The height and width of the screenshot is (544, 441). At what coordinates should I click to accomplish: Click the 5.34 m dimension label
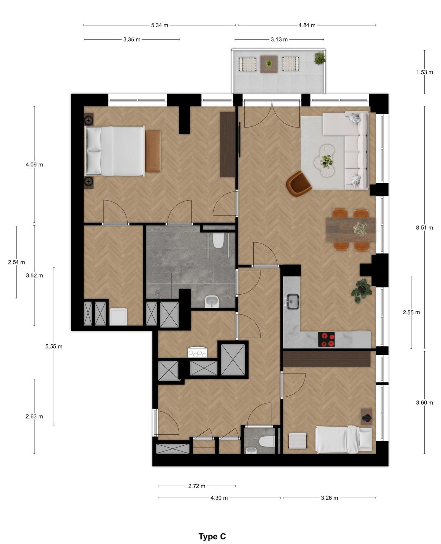coord(159,25)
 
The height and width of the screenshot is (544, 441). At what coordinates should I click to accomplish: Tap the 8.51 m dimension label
coord(424,228)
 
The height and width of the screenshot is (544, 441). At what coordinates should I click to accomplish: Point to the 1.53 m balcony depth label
coord(424,72)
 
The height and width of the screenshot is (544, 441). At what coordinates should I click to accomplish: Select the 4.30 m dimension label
coord(219,498)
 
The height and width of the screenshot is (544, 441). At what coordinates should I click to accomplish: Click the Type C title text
coord(212,537)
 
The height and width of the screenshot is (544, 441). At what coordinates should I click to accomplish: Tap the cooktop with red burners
coord(326,340)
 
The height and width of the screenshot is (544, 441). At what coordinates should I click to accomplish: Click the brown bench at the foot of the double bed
coord(153,151)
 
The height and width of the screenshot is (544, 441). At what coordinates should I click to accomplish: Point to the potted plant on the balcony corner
coord(320,58)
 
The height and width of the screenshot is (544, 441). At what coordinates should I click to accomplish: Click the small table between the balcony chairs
coord(269,64)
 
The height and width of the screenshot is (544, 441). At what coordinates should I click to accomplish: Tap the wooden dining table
coord(351,230)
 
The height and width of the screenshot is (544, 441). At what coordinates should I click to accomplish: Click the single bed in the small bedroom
coord(344,439)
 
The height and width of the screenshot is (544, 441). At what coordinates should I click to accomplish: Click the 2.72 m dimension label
coord(197,486)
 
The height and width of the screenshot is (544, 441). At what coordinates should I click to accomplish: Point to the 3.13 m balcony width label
coord(279,40)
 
